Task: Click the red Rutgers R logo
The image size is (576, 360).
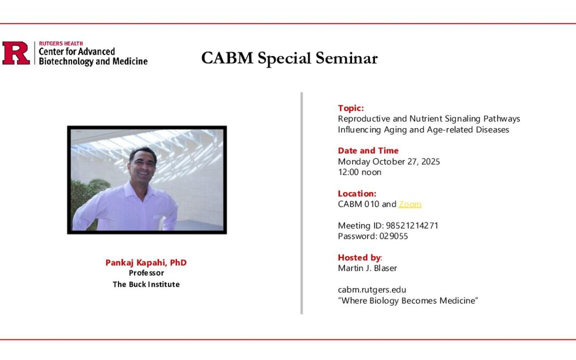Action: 16,54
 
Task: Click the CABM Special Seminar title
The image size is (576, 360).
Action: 289,58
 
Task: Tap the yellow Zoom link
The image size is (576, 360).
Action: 410,204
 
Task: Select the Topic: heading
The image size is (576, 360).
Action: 351,108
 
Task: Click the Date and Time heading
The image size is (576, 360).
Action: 368,151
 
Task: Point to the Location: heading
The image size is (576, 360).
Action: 357,194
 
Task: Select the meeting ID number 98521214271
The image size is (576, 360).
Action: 412,226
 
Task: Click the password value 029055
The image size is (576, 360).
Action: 394,236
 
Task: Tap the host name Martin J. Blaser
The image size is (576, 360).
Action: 367,268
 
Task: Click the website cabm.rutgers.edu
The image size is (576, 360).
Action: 372,290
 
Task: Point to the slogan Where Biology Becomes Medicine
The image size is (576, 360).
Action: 408,301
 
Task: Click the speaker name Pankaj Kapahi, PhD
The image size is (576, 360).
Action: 146,263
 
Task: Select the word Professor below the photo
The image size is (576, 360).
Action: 146,273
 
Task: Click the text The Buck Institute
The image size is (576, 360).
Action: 146,284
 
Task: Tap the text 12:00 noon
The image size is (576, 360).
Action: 359,172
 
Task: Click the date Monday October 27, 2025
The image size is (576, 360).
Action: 389,162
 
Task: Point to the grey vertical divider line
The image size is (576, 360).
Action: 302,203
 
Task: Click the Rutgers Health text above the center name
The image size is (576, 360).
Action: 61,44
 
